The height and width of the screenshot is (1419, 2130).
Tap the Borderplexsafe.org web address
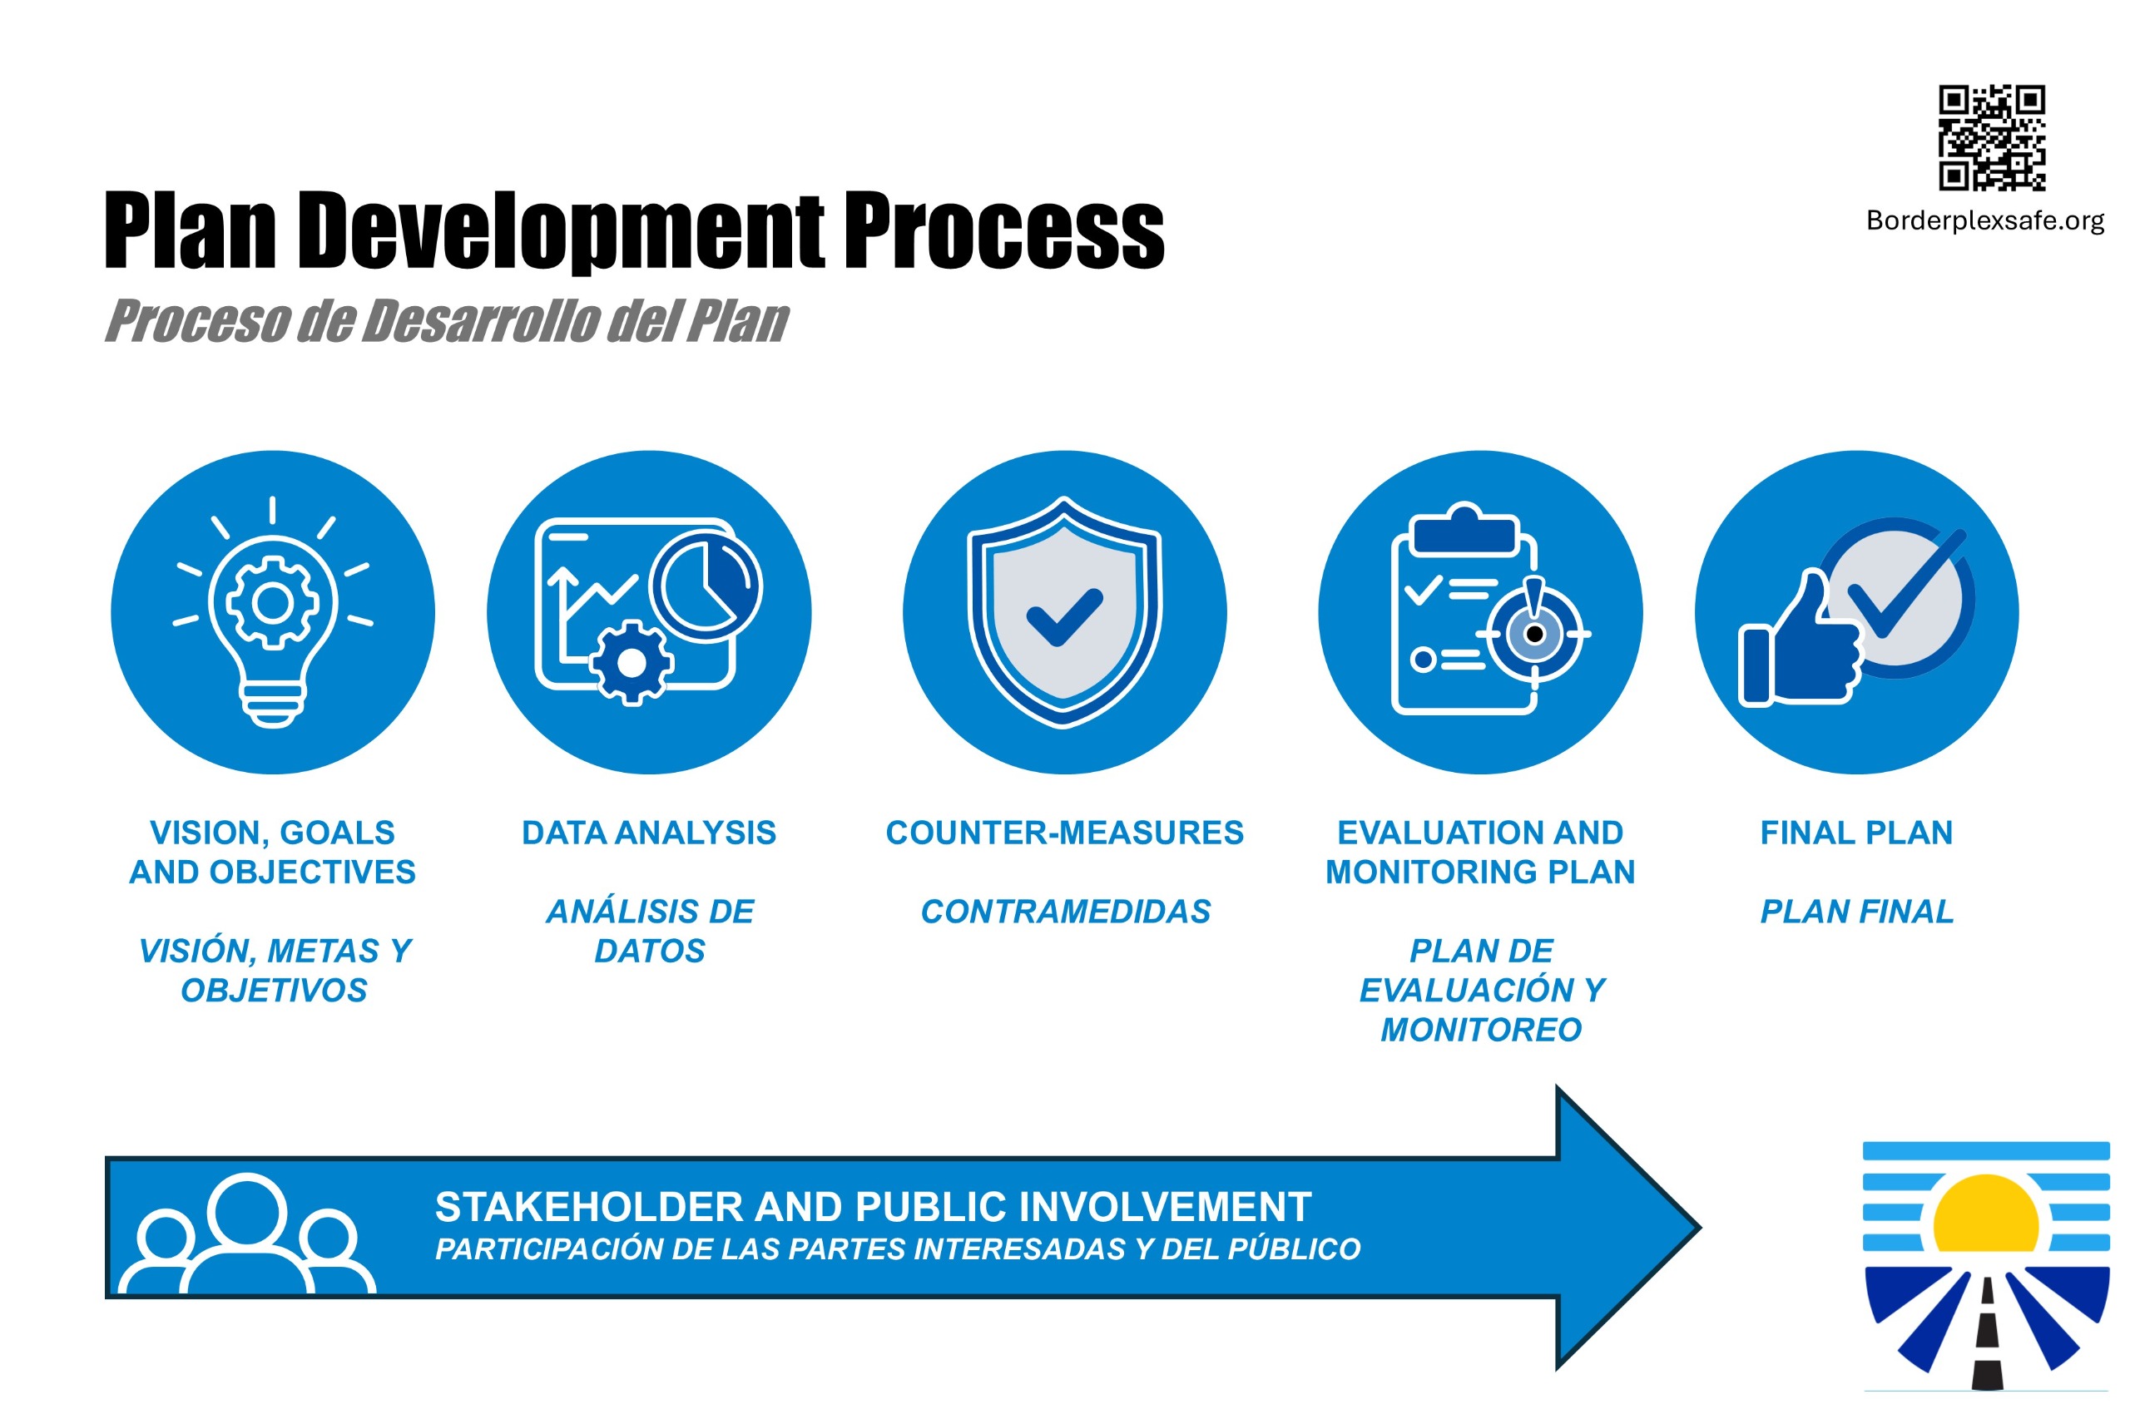point(1984,220)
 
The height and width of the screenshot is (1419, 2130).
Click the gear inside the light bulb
point(272,602)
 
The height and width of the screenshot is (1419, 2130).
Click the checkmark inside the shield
point(1063,617)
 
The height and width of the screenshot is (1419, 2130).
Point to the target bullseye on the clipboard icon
point(1533,634)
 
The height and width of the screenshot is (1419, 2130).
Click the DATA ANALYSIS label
point(648,832)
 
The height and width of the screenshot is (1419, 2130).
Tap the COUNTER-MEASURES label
point(1063,832)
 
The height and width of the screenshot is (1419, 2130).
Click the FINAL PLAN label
point(1855,832)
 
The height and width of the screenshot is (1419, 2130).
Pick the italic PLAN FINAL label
point(1855,911)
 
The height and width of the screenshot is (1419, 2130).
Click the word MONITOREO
point(1480,1029)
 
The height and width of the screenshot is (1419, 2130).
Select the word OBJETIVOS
point(274,990)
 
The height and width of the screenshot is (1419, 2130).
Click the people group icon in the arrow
point(247,1234)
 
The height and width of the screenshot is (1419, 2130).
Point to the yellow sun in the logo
point(1985,1213)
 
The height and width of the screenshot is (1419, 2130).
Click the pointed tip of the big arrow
point(1700,1228)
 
